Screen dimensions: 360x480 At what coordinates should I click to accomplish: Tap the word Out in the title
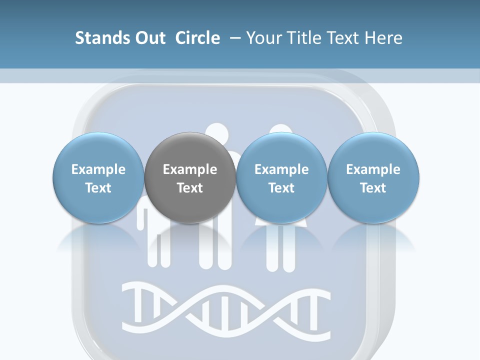(148, 38)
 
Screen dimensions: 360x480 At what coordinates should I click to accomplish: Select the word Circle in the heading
(197, 38)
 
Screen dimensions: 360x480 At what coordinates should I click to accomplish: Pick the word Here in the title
(383, 38)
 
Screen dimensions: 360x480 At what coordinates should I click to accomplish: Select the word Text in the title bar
(342, 38)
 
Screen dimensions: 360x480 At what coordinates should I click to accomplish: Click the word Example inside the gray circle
(190, 169)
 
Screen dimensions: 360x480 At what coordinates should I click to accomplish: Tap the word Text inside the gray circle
(190, 188)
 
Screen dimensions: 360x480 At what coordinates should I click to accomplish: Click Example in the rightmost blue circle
(373, 169)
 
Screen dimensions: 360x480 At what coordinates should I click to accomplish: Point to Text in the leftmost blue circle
(98, 188)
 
